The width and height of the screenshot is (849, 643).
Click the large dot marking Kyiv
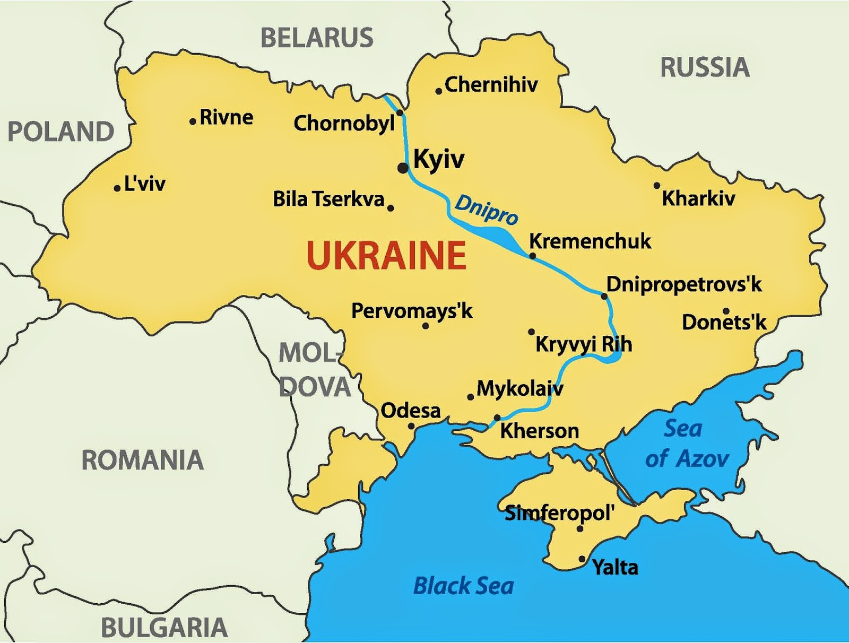tap(403, 168)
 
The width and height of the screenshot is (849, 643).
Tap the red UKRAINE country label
tap(386, 256)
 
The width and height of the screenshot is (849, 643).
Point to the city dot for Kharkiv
tap(657, 186)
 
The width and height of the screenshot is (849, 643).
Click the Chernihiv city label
tap(491, 85)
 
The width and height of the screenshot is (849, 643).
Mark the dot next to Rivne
tap(193, 121)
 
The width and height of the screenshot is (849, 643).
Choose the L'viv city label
tap(145, 184)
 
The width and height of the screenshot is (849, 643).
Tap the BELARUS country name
tap(317, 38)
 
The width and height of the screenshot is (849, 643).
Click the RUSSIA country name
tap(705, 68)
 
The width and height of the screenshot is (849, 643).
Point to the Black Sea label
tap(463, 586)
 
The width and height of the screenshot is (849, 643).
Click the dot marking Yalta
tap(582, 559)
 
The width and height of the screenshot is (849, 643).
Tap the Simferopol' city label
tap(559, 513)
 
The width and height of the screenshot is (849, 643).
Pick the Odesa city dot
tap(411, 426)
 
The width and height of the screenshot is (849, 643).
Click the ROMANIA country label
tap(142, 460)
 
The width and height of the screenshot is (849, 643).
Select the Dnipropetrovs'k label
tap(684, 285)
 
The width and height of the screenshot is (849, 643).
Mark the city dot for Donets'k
tap(726, 311)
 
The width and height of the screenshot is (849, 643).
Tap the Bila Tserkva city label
tap(328, 199)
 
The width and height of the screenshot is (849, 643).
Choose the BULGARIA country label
tap(164, 628)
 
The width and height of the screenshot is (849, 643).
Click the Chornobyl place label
tap(344, 124)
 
